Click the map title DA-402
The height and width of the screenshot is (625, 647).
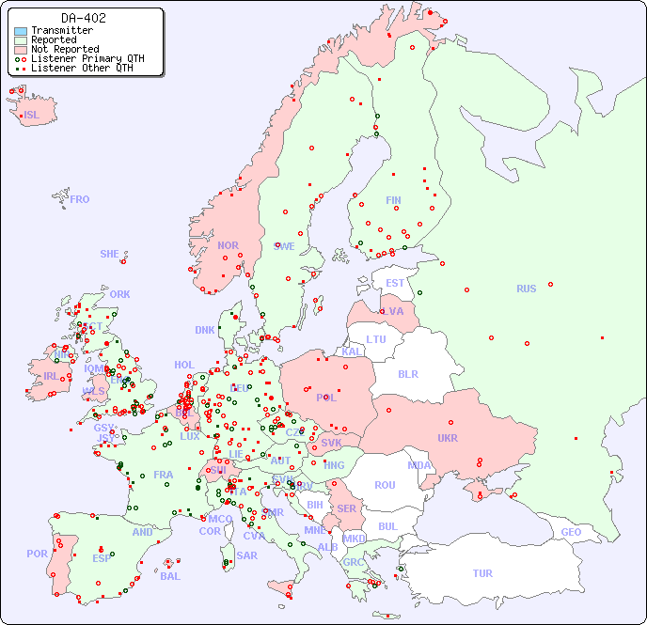(84, 18)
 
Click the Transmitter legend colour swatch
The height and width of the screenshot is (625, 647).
(21, 31)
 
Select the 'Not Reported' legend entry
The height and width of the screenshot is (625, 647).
(64, 49)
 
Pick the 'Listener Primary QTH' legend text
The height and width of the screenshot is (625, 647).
(87, 58)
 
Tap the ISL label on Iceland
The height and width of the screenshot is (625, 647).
(32, 116)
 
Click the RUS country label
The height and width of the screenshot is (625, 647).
(526, 289)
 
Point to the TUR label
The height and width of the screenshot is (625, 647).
(482, 573)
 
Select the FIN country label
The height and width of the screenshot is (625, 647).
(393, 200)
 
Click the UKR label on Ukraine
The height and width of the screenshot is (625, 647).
(447, 438)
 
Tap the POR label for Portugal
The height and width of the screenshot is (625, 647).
(37, 554)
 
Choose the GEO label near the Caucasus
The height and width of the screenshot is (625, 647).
(571, 532)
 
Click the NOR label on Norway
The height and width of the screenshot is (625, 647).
(228, 245)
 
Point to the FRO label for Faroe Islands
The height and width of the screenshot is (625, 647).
(80, 199)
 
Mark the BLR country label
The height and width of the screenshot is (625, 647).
(407, 373)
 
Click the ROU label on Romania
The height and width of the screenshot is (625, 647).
(385, 485)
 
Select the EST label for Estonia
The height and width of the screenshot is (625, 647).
(395, 283)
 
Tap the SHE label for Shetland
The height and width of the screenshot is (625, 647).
(110, 254)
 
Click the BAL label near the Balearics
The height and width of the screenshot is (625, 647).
(169, 576)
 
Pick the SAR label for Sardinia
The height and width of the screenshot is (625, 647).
(246, 555)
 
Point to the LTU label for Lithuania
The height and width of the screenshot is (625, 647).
(376, 339)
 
